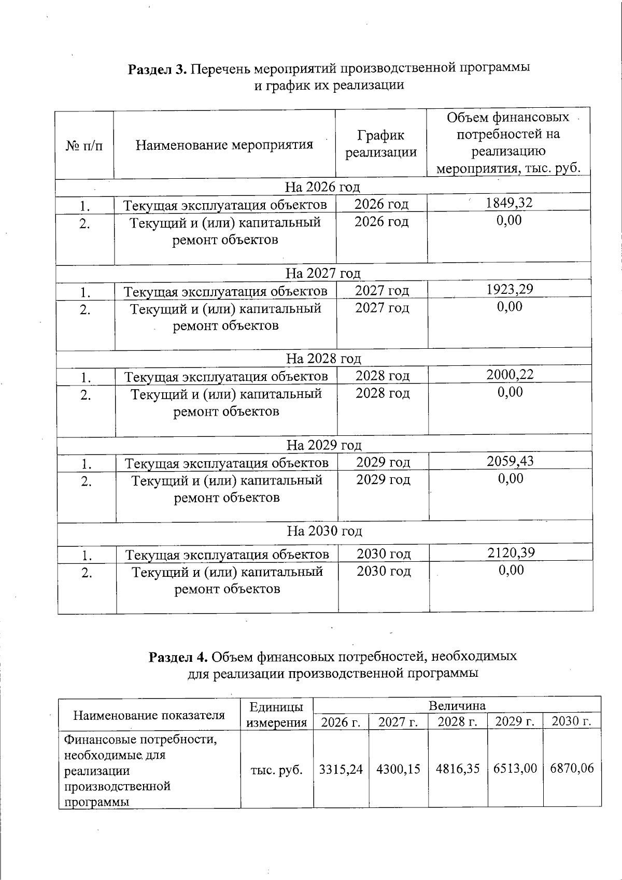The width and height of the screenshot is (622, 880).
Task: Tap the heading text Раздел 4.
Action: click(178, 657)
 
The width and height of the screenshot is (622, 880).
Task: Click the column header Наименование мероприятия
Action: click(224, 145)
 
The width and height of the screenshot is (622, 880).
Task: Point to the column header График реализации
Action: click(381, 144)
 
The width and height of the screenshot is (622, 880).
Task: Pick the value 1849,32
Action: click(509, 203)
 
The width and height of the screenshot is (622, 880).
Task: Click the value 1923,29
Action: click(510, 289)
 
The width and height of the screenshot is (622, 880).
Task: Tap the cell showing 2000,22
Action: click(510, 374)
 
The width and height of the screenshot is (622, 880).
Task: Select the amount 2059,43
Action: click(510, 461)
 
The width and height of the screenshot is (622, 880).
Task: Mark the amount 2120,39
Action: click(511, 552)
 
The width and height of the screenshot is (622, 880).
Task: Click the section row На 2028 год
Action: click(323, 359)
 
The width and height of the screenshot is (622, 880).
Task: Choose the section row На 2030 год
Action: click(324, 531)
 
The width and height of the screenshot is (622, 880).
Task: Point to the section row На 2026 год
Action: click(322, 187)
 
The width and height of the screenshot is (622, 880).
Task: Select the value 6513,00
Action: click(515, 769)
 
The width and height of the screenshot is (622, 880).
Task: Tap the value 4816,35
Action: click(457, 769)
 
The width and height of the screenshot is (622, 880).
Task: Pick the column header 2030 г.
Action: click(571, 722)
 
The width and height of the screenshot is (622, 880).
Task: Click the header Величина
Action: click(457, 705)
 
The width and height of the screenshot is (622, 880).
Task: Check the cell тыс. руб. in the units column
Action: click(276, 770)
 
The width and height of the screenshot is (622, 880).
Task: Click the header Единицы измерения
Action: click(276, 714)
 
